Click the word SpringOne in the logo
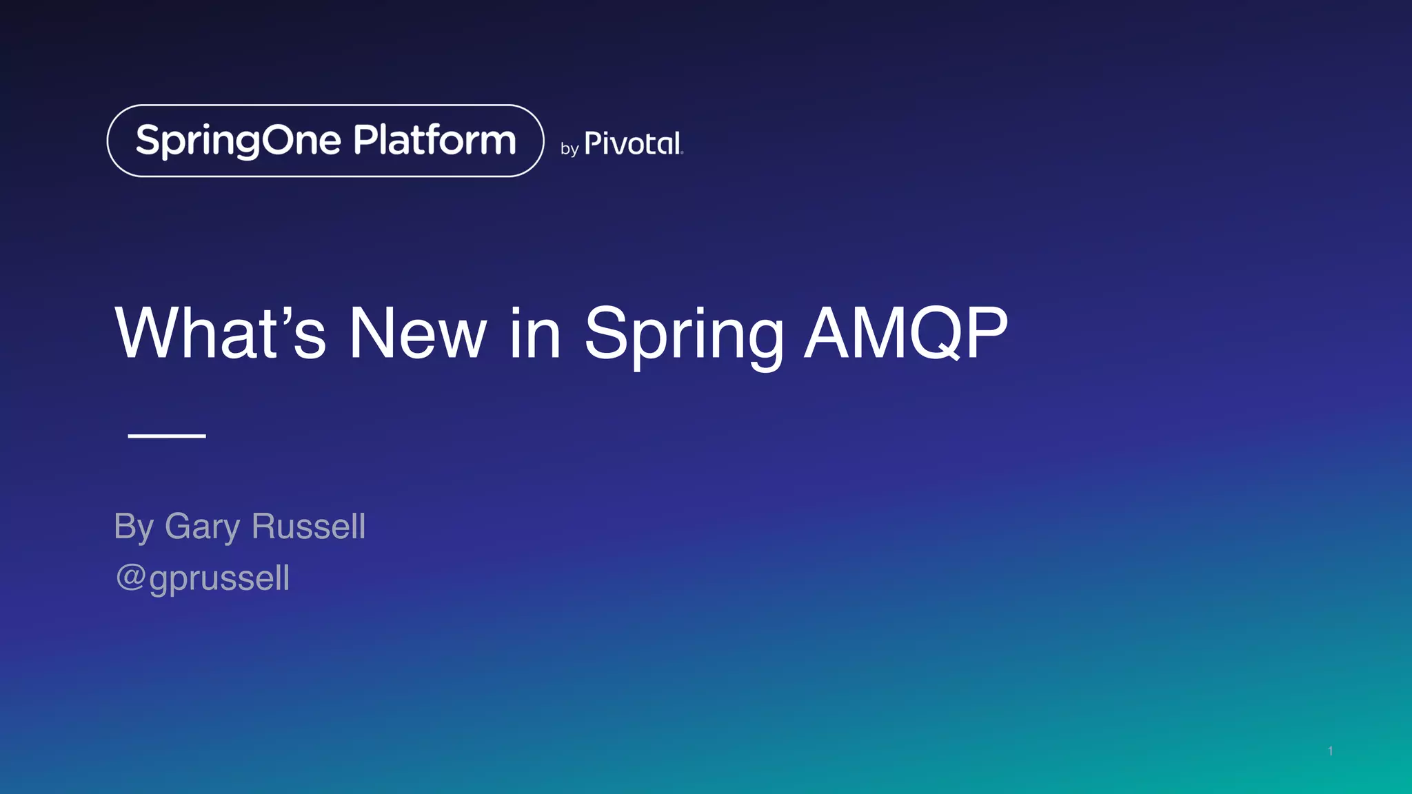coord(238,141)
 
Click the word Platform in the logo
coord(434,140)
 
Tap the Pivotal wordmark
coord(633,144)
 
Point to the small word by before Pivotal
coord(569,149)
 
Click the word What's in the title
coord(219,334)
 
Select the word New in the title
coord(418,334)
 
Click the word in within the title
coord(535,334)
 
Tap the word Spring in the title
coord(683,334)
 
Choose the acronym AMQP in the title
coord(906,334)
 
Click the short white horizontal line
coord(167,436)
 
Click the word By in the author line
coord(133,527)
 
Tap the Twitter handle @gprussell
coord(203,578)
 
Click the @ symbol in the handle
coord(130,577)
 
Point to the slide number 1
coord(1330,751)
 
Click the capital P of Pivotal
coord(592,143)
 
